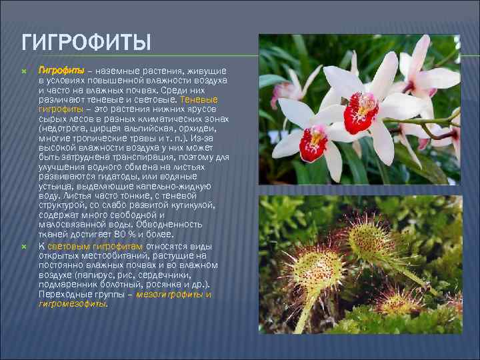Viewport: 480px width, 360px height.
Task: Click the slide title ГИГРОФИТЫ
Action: (87, 44)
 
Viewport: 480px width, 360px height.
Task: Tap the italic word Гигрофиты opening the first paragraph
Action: (61, 70)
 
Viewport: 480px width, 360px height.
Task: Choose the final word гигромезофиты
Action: (73, 303)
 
